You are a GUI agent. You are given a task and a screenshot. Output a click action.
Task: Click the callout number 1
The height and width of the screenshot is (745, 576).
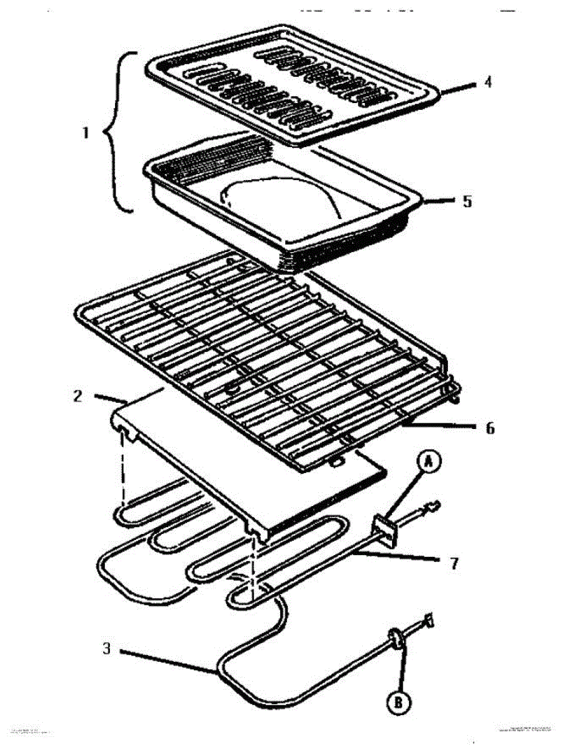coord(85,133)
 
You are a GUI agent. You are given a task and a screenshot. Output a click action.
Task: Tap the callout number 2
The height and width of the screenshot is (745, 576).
coord(78,396)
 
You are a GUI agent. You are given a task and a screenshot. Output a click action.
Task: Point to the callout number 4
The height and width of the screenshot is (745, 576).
coord(489,81)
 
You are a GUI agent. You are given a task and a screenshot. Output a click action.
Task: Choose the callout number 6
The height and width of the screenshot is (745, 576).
coord(490,428)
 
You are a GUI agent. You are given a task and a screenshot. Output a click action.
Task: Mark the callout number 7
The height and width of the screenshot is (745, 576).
coord(454,564)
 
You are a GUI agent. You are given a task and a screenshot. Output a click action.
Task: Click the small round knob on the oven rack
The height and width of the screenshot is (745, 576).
coord(232,389)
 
